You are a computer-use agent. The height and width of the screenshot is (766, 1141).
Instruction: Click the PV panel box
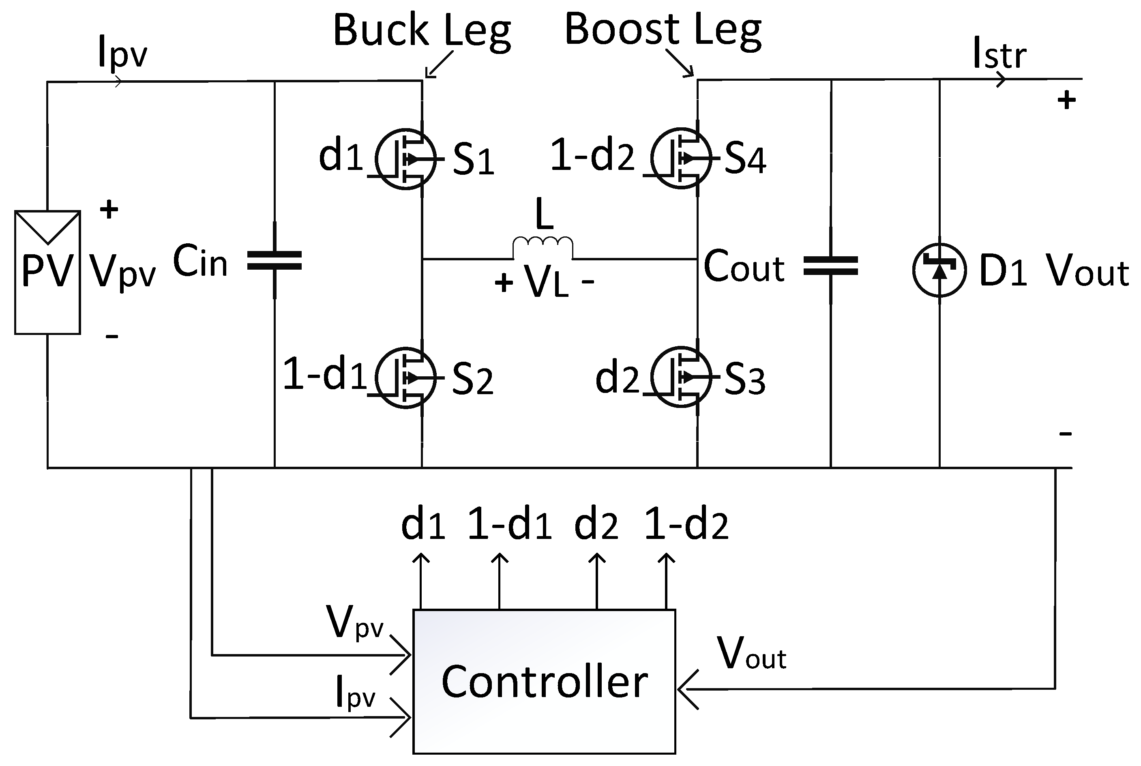click(47, 272)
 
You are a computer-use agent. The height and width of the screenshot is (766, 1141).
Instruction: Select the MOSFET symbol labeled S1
click(405, 159)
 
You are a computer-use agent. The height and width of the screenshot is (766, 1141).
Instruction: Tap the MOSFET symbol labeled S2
click(405, 378)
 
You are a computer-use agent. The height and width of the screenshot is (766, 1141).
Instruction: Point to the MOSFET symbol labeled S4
click(681, 158)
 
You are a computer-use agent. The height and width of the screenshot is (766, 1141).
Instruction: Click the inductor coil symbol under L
click(543, 247)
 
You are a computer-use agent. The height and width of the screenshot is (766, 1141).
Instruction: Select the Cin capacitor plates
click(275, 260)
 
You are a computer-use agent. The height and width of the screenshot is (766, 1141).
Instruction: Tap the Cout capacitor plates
click(830, 265)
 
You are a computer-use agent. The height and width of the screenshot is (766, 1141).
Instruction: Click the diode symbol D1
click(939, 270)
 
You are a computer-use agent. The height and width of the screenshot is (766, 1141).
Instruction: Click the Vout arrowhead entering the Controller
click(686, 689)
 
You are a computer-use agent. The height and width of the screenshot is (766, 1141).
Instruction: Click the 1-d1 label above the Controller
click(509, 525)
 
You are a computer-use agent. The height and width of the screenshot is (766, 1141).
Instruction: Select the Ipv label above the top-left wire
click(122, 54)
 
